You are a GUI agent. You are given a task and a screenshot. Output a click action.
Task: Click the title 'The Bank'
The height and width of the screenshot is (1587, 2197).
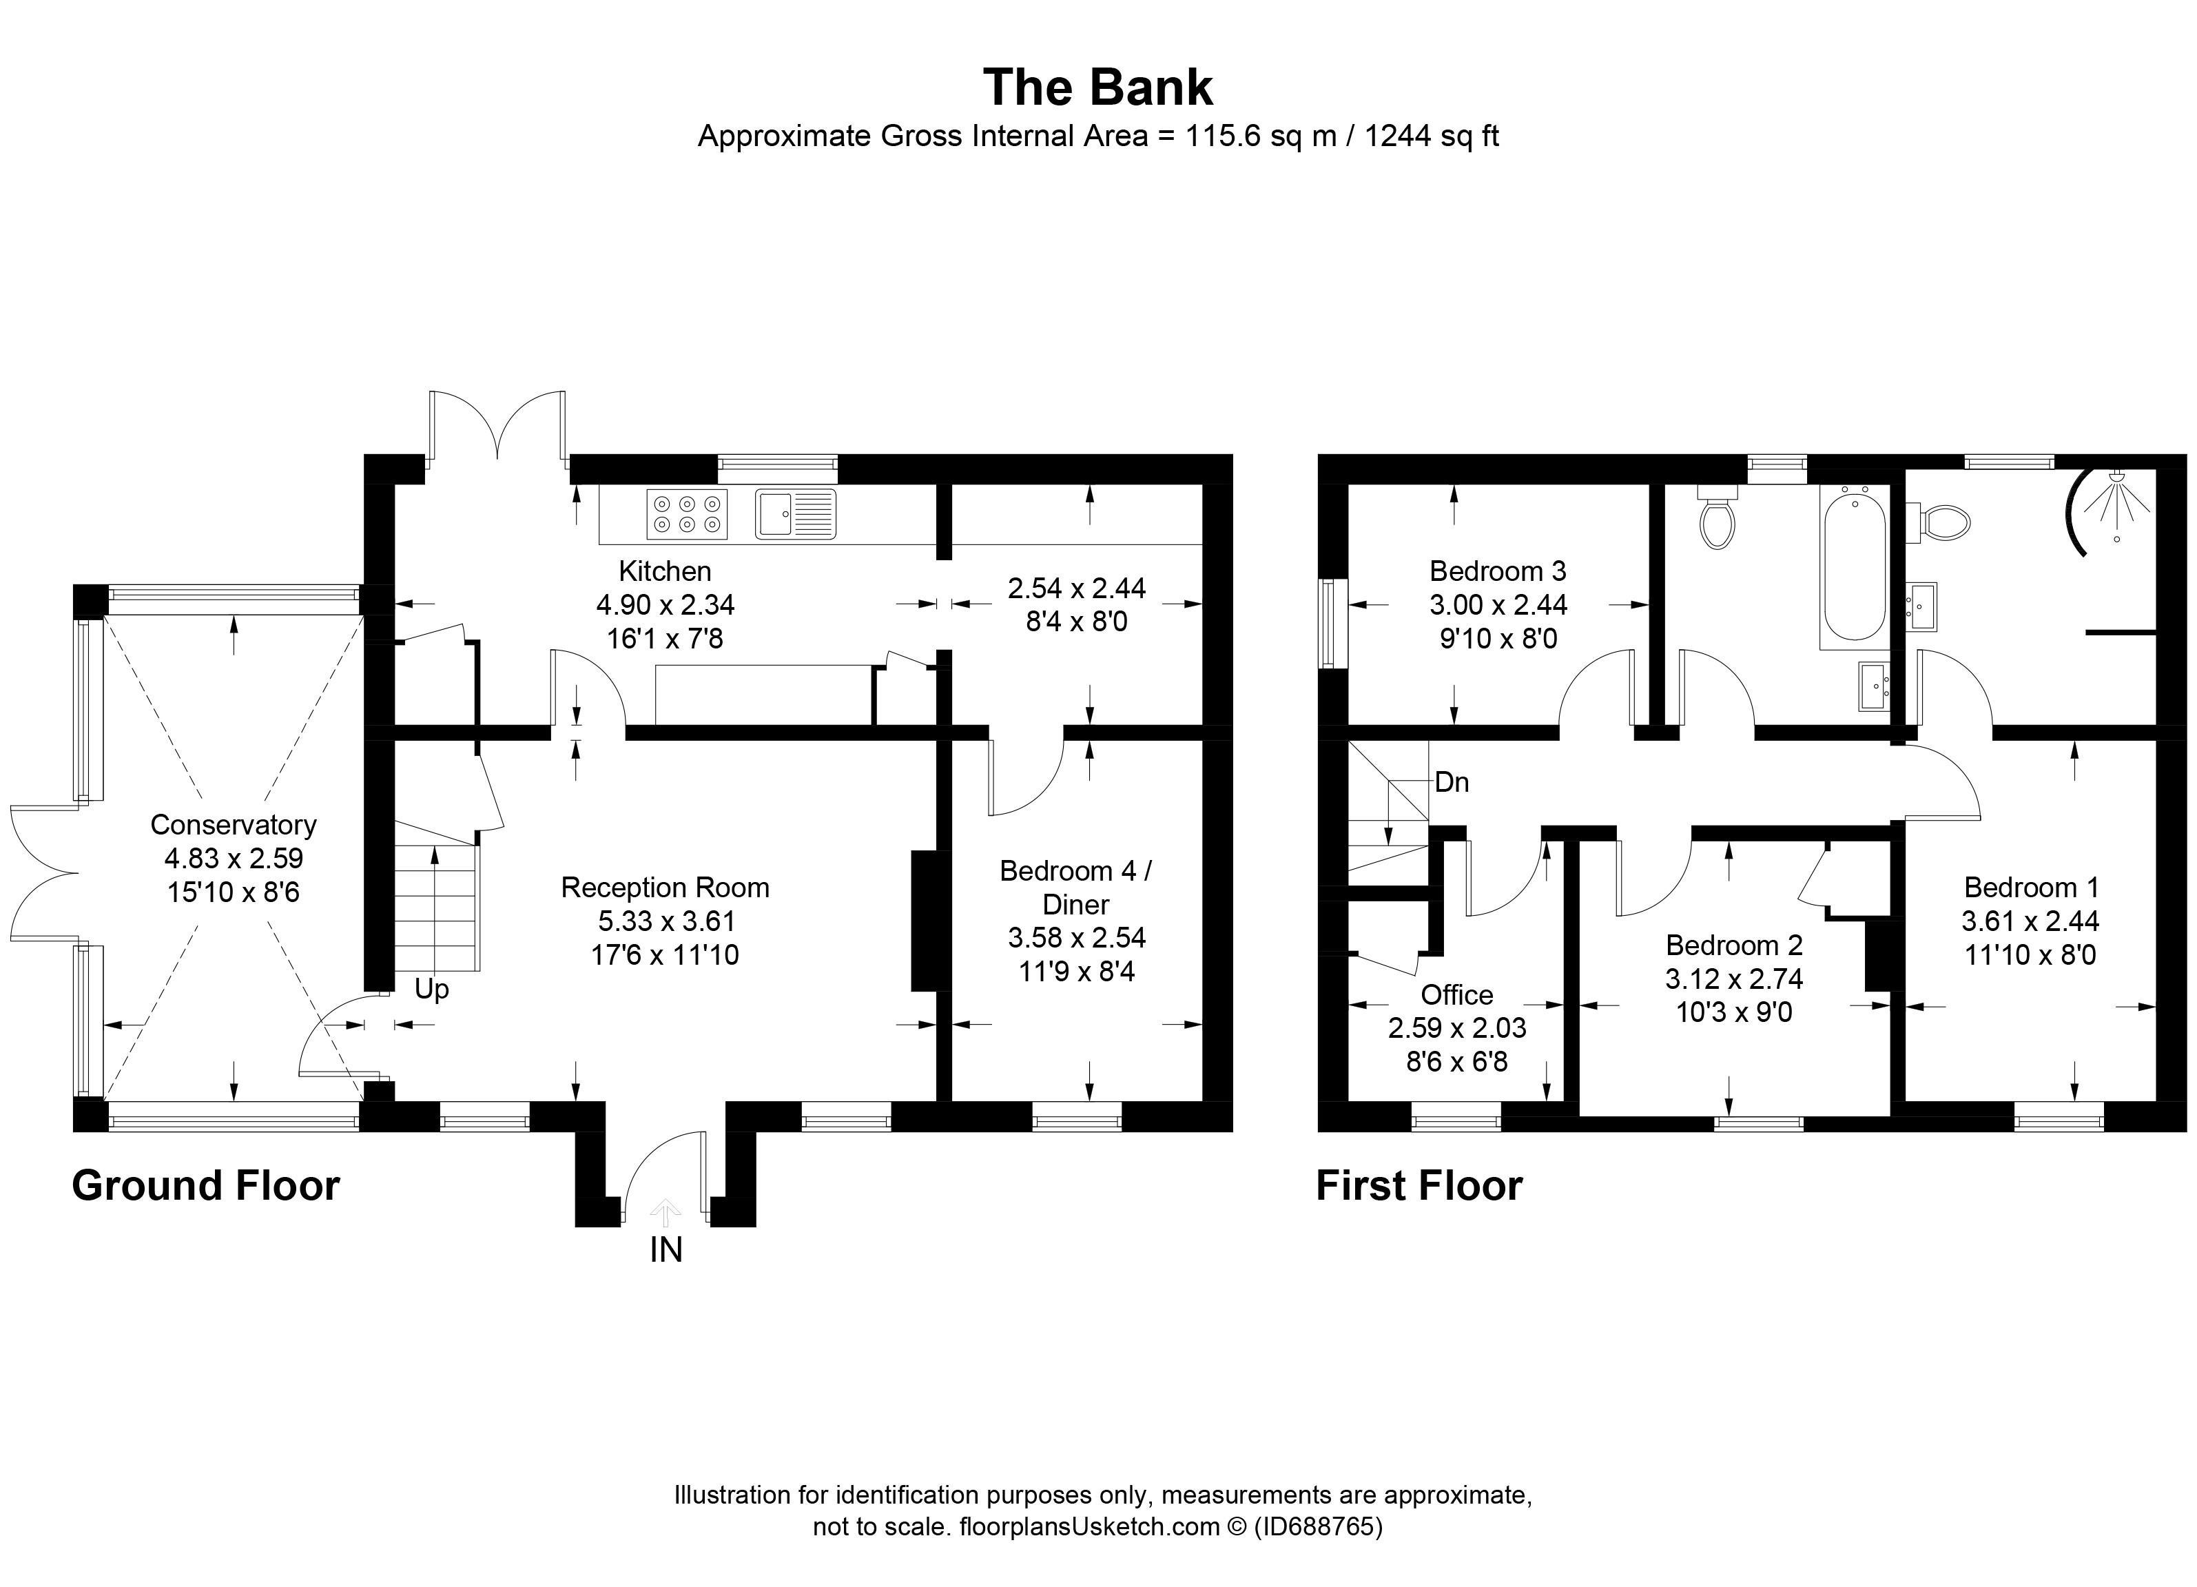(x=1097, y=88)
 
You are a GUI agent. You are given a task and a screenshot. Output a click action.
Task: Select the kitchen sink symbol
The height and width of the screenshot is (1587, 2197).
(x=795, y=513)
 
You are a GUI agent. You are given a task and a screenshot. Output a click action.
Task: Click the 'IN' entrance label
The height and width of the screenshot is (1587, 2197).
(x=666, y=1251)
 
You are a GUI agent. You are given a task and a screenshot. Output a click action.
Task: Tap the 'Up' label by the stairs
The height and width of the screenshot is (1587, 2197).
(x=431, y=990)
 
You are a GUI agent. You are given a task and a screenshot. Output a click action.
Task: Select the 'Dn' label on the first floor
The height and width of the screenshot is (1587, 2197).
(x=1451, y=782)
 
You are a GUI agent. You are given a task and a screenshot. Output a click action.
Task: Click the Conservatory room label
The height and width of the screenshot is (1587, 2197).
(x=234, y=824)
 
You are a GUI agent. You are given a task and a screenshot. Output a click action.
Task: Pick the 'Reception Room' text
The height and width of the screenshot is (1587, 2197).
(x=666, y=888)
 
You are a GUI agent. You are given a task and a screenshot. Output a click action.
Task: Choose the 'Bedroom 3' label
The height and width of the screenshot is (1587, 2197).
(x=1498, y=571)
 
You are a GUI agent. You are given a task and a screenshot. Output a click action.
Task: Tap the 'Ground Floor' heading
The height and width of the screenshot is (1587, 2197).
(x=205, y=1186)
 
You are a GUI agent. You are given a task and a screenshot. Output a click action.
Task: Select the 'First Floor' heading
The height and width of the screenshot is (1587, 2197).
(x=1419, y=1186)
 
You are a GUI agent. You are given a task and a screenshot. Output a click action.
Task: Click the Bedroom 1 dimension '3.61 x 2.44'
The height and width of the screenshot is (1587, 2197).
(x=2030, y=921)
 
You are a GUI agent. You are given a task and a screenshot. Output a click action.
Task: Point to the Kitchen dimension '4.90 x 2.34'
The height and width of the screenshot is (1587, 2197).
(x=666, y=604)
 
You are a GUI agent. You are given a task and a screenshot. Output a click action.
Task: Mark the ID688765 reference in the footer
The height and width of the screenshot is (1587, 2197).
(x=1319, y=1527)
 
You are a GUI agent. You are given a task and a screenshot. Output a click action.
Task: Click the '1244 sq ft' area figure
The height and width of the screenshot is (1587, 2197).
(x=1432, y=136)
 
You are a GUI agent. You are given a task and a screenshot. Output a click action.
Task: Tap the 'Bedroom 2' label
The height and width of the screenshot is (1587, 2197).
(x=1734, y=945)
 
